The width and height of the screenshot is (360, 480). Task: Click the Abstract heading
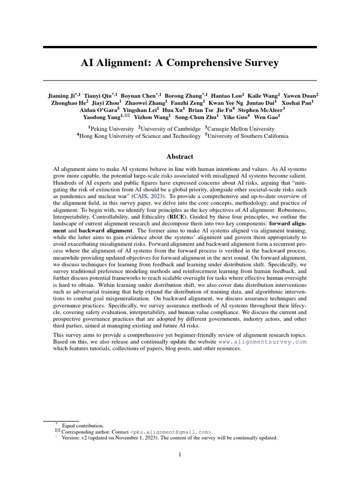point(180,157)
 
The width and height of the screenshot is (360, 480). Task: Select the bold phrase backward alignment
point(100,231)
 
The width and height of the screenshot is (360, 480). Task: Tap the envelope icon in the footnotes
point(58,431)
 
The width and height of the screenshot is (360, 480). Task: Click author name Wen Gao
point(267,117)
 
